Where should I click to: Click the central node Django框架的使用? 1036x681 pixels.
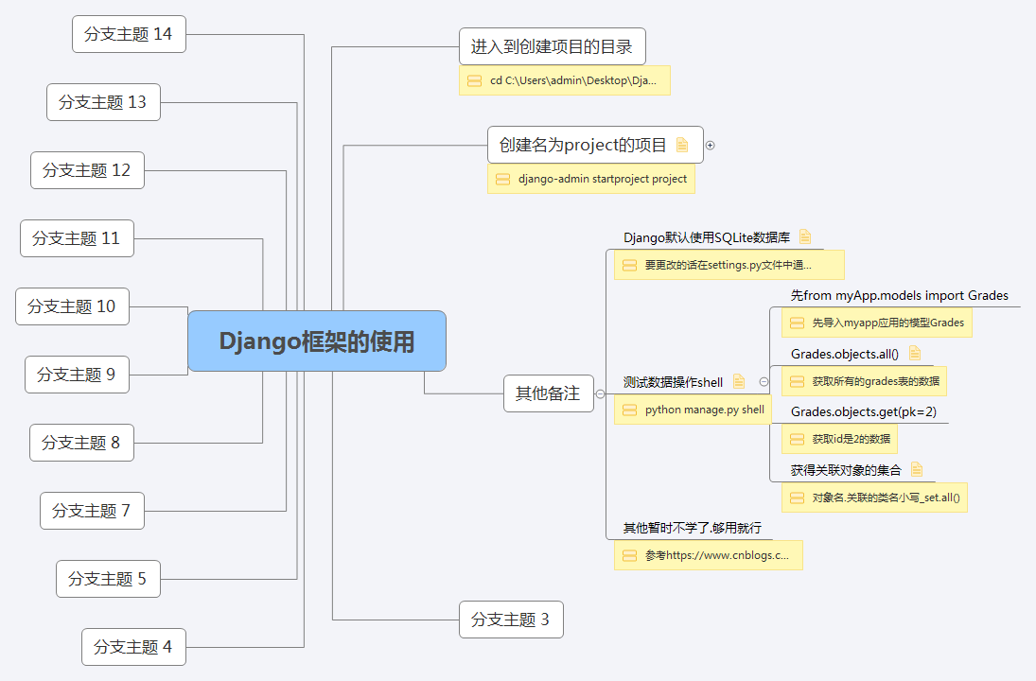tap(317, 341)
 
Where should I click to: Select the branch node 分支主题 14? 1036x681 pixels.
tap(129, 34)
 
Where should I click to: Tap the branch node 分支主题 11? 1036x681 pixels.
tap(77, 238)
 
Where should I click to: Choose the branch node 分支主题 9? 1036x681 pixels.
tap(77, 375)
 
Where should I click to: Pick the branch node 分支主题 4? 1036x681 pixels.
tap(133, 647)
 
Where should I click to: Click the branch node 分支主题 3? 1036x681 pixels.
tap(511, 620)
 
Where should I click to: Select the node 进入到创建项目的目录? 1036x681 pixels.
tap(553, 46)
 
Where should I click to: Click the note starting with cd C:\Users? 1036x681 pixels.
tap(565, 80)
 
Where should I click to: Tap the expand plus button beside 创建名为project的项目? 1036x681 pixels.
tap(711, 146)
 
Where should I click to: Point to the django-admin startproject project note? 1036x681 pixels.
tap(591, 179)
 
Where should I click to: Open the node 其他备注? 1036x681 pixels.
tap(548, 393)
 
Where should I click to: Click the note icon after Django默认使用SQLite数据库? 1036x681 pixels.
tap(805, 236)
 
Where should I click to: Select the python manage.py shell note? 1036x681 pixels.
tap(693, 410)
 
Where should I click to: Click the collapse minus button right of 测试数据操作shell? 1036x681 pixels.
tap(764, 382)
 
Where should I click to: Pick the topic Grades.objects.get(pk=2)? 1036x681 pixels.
tap(864, 411)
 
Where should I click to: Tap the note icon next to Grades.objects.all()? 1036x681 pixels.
tap(915, 353)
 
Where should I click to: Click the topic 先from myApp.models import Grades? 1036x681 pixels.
tap(899, 295)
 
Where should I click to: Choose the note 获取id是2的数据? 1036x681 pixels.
tap(839, 439)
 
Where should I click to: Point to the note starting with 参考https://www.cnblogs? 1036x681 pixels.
tap(708, 555)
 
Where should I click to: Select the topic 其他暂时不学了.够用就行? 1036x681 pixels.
tap(692, 528)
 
